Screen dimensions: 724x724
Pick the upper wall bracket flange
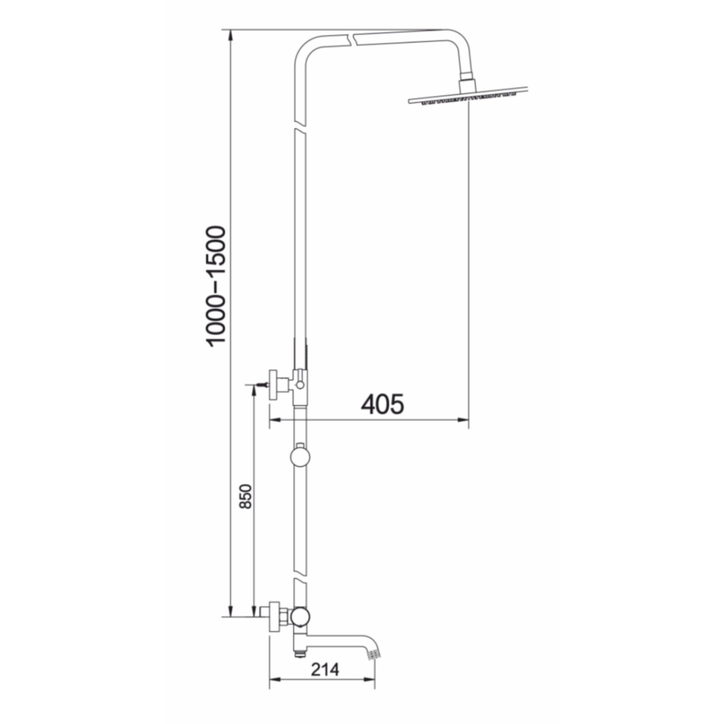274,386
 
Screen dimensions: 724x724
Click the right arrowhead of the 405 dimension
465,420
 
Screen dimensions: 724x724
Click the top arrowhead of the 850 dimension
254,390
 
